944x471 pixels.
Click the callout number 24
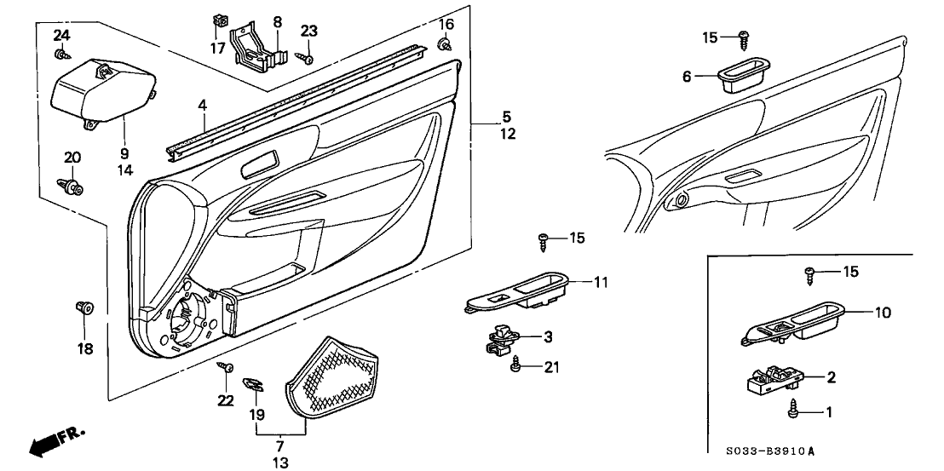60,35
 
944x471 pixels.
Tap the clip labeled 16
445,45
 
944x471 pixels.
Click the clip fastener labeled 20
72,186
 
